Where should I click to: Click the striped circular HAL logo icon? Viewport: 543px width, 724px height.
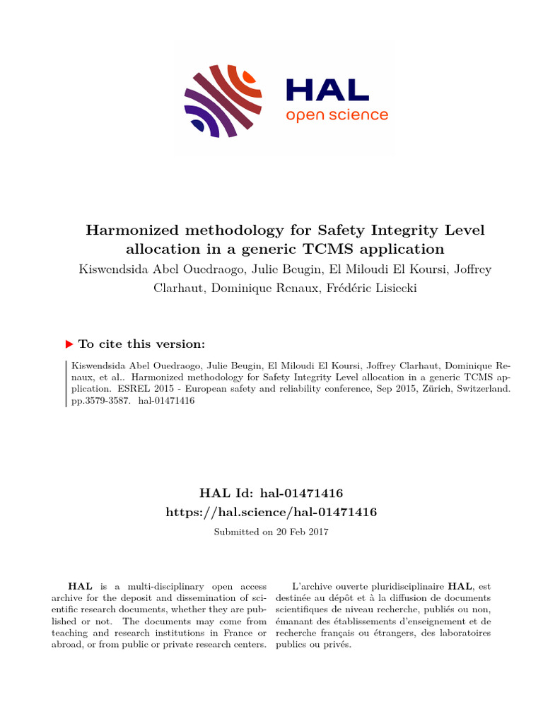(223, 100)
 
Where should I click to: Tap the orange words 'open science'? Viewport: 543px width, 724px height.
(337, 115)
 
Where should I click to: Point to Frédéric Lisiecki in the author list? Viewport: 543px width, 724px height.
(378, 288)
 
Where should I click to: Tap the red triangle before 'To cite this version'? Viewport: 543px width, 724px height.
(69, 344)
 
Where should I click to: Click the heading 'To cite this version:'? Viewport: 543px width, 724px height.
(141, 344)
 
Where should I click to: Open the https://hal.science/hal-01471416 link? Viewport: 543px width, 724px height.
(271, 511)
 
